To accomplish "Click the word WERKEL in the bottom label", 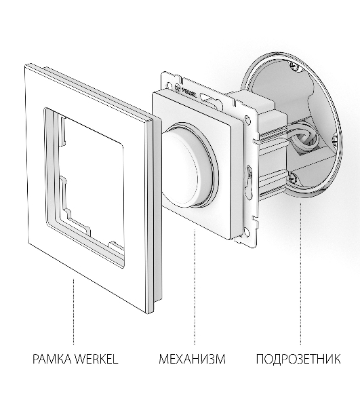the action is click(x=96, y=359).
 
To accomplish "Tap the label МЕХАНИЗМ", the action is click(x=192, y=359).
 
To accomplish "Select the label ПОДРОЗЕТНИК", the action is click(x=298, y=359).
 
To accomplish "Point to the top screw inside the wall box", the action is click(x=294, y=66).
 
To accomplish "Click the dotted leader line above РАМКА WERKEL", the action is click(x=73, y=311).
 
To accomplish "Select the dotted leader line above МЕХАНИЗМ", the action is click(x=195, y=287).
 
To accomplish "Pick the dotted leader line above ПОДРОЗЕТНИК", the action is click(x=300, y=273).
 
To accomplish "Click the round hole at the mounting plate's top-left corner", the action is click(x=169, y=85).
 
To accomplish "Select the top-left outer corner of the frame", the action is click(x=25, y=65).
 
